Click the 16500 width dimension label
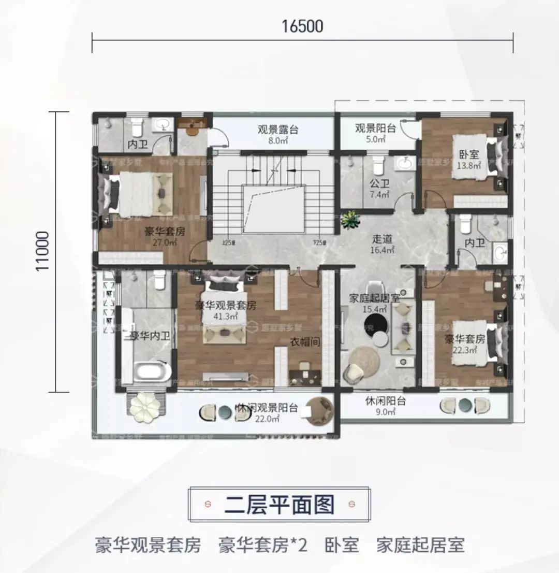click(302, 26)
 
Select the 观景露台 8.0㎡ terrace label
click(278, 134)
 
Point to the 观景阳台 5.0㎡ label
click(375, 133)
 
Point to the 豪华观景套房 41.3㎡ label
click(225, 310)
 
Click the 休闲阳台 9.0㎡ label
click(385, 406)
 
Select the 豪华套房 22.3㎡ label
click(464, 345)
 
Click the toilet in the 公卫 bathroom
click(378, 165)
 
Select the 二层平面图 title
click(279, 504)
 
